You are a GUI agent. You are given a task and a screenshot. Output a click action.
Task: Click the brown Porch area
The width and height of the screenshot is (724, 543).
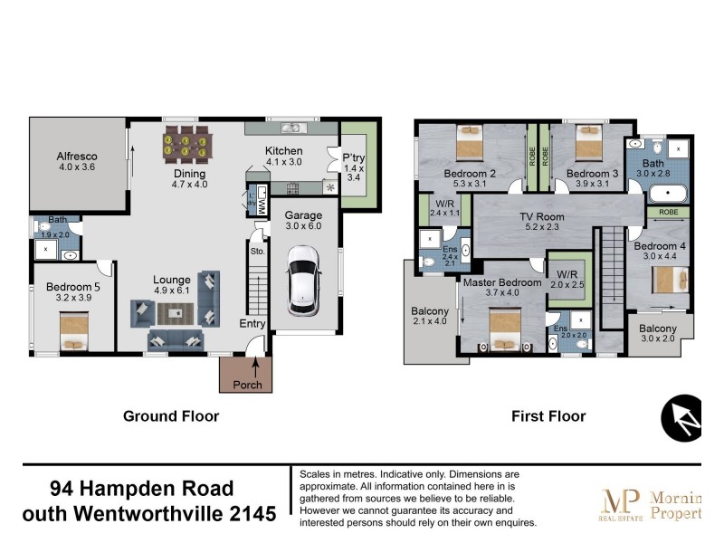point(246,375)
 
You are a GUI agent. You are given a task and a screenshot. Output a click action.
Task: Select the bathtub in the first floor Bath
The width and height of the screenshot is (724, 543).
point(668,192)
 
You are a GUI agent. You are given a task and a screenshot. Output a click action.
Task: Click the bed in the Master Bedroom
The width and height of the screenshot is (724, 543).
point(505,329)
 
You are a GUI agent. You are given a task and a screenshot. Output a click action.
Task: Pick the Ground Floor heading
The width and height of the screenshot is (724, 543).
point(171,416)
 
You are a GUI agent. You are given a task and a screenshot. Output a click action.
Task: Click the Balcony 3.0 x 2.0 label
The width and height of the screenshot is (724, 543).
point(658,334)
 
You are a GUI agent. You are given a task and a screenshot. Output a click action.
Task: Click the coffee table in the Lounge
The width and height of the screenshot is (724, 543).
point(176,313)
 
